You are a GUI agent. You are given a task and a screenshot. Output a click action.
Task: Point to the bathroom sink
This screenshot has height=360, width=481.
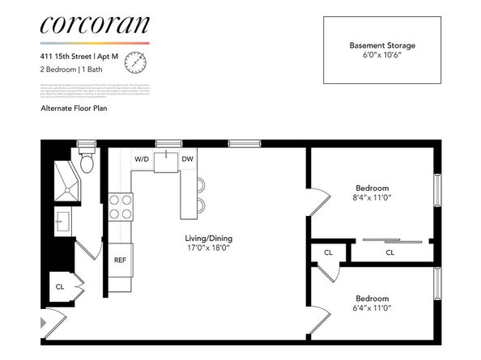point(62,219)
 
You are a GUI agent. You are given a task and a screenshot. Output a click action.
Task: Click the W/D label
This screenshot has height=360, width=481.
point(141,159)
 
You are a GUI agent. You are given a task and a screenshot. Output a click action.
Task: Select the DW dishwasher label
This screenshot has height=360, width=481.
point(187,159)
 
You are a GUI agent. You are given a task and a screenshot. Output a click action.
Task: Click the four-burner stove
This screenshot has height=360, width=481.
point(121,207)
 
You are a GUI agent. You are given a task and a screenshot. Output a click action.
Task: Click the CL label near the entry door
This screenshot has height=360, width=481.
point(59,286)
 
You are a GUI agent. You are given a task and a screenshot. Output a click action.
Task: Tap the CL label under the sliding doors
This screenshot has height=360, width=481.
point(389,252)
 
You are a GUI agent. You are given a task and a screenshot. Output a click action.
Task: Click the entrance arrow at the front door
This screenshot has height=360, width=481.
point(44,324)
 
